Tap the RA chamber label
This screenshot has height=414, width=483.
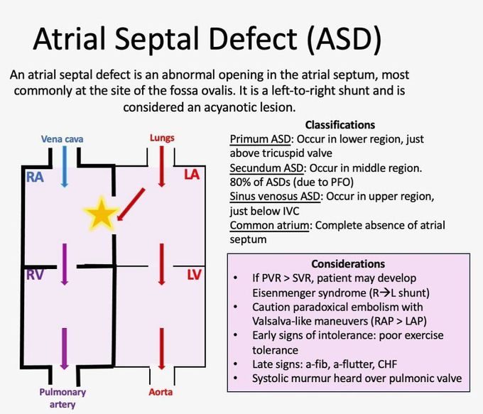click(35, 178)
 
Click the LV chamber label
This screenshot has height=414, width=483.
click(195, 274)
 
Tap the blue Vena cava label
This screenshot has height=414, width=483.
click(63, 139)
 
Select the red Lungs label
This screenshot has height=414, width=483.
click(161, 138)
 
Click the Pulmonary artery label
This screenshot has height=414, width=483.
click(63, 398)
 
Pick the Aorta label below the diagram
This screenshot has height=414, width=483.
click(161, 392)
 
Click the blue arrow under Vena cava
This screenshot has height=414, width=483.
click(65, 169)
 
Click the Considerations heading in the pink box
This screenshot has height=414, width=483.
click(348, 263)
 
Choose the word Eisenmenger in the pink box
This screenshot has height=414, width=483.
click(285, 291)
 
